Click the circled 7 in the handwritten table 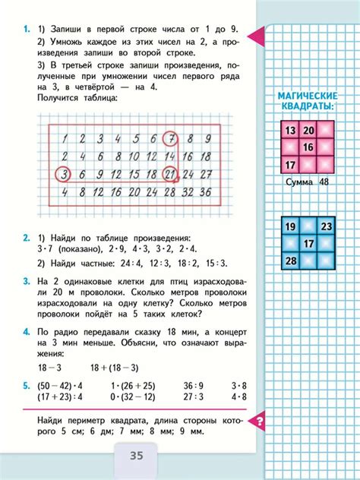pos(172,138)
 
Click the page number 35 pos(137,455)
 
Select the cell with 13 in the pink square pos(289,131)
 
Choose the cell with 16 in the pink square pos(308,147)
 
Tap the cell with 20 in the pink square pos(308,131)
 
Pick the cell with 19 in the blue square pos(289,227)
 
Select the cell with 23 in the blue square pos(327,227)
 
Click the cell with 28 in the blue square pos(289,262)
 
